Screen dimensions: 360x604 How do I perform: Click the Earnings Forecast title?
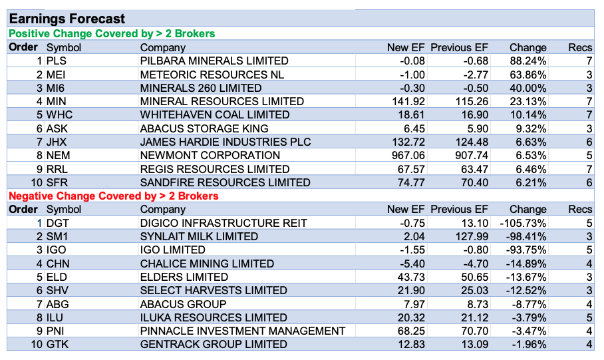pyautogui.click(x=67, y=19)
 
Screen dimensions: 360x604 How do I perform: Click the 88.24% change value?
pyautogui.click(x=528, y=61)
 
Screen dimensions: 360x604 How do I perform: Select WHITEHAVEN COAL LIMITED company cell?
pyautogui.click(x=215, y=115)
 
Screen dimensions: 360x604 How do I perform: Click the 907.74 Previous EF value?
pyautogui.click(x=470, y=155)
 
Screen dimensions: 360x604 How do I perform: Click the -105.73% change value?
pyautogui.click(x=524, y=223)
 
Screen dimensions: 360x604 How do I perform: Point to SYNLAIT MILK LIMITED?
pyautogui.click(x=199, y=236)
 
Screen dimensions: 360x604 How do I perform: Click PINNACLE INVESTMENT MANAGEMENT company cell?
pyautogui.click(x=243, y=331)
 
